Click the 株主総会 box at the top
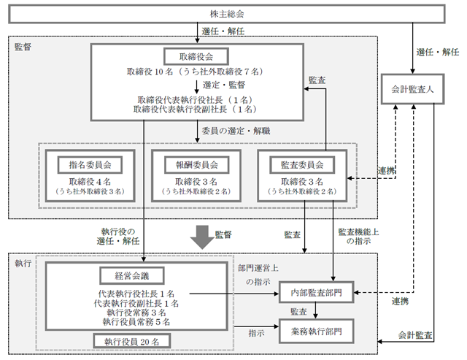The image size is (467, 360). (227, 14)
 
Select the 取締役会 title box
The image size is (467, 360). (196, 57)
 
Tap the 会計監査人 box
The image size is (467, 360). (412, 89)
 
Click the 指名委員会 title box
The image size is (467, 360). (90, 165)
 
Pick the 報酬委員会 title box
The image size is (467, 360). (196, 165)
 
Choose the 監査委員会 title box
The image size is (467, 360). (302, 165)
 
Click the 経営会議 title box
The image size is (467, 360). (132, 276)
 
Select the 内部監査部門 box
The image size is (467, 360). (316, 293)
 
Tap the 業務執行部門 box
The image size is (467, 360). (316, 331)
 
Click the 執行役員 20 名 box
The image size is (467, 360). (132, 342)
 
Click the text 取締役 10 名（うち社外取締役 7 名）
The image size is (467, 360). (195, 72)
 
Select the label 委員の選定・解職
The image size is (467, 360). (236, 131)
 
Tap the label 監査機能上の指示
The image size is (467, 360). (358, 237)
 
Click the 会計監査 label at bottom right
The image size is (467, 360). (415, 335)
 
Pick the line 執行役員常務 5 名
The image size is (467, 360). (136, 322)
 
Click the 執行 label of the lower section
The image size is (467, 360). (23, 263)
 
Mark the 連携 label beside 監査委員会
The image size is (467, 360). (386, 171)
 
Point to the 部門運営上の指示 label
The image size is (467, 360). (258, 275)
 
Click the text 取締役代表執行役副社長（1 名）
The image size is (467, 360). (195, 110)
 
